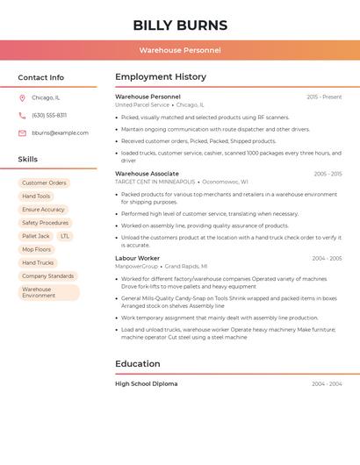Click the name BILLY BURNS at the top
[x=180, y=25]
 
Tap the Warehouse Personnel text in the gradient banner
[x=180, y=51]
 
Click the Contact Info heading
[x=41, y=77]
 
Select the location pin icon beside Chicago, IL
[x=22, y=98]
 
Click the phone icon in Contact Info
[x=22, y=116]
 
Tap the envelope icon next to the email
[x=22, y=133]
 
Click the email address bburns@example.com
[x=60, y=133]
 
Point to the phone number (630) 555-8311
[x=49, y=116]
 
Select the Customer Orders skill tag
[x=44, y=183]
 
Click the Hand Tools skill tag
[x=36, y=197]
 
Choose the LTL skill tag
[x=65, y=236]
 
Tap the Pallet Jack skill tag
[x=36, y=236]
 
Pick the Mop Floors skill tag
[x=37, y=249]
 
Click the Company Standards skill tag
[x=47, y=276]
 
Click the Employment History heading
[x=161, y=77]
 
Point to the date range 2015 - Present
[x=324, y=97]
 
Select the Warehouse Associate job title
[x=147, y=174]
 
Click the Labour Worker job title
[x=137, y=259]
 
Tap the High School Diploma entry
[x=146, y=384]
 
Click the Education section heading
[x=138, y=364]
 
